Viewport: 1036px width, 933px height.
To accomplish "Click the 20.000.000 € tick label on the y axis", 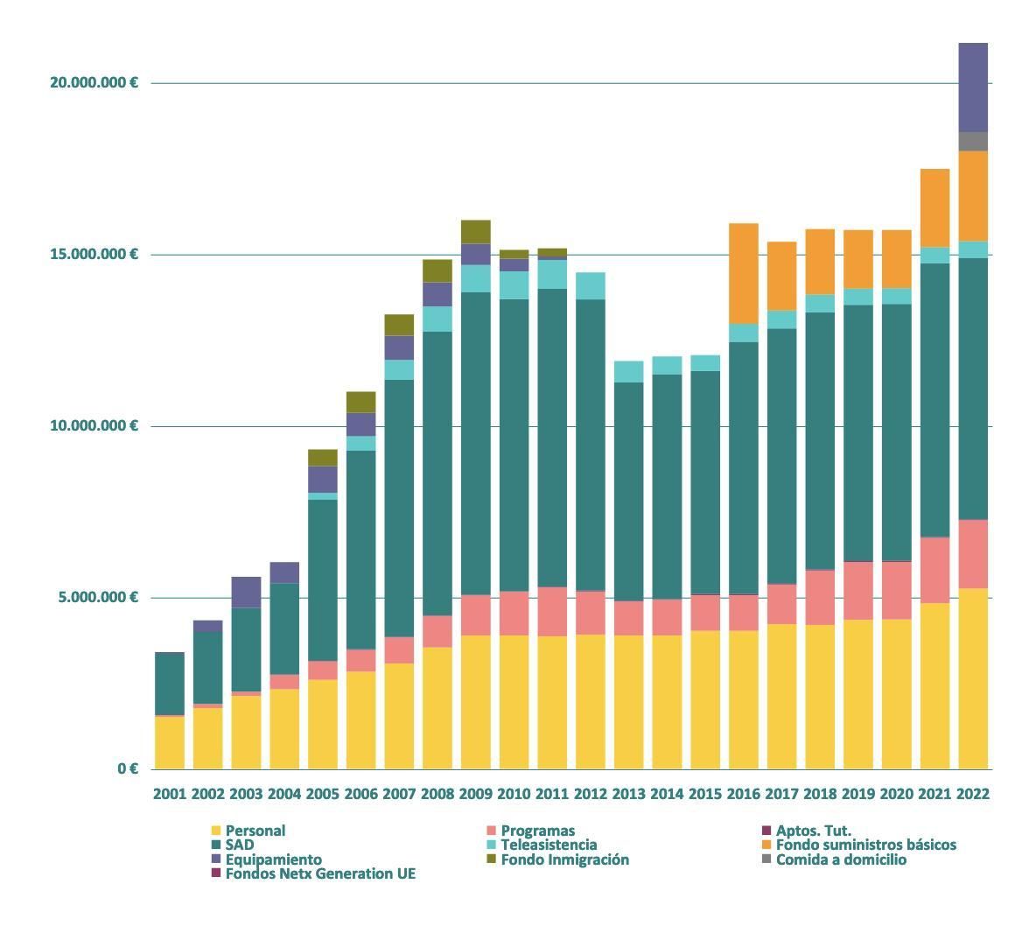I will click(x=94, y=82).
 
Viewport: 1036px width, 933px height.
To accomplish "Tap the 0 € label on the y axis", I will click(x=127, y=768).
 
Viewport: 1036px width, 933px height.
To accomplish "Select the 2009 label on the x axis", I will click(x=475, y=794).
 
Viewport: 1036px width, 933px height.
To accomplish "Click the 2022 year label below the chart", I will click(x=973, y=794).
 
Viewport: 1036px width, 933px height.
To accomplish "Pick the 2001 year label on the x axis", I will click(x=170, y=794).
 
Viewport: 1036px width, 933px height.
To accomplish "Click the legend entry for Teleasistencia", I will click(x=549, y=845).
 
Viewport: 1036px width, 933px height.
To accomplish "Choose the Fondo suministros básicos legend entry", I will click(x=865, y=845).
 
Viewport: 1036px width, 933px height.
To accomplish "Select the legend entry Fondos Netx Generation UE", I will click(x=320, y=873).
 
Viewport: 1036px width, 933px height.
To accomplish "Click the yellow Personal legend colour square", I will click(x=216, y=831).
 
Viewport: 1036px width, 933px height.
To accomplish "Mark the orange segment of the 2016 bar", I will click(x=743, y=273).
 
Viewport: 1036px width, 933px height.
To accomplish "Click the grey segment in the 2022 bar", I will click(x=973, y=141).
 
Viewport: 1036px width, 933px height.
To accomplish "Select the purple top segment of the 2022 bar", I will click(x=973, y=87).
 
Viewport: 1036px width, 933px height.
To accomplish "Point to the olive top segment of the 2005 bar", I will click(x=322, y=457).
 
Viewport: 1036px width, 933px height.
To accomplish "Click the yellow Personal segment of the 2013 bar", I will click(x=628, y=701).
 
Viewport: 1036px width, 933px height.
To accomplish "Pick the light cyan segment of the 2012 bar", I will click(x=590, y=285).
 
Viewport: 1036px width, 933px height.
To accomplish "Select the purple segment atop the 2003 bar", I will click(x=246, y=592).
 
